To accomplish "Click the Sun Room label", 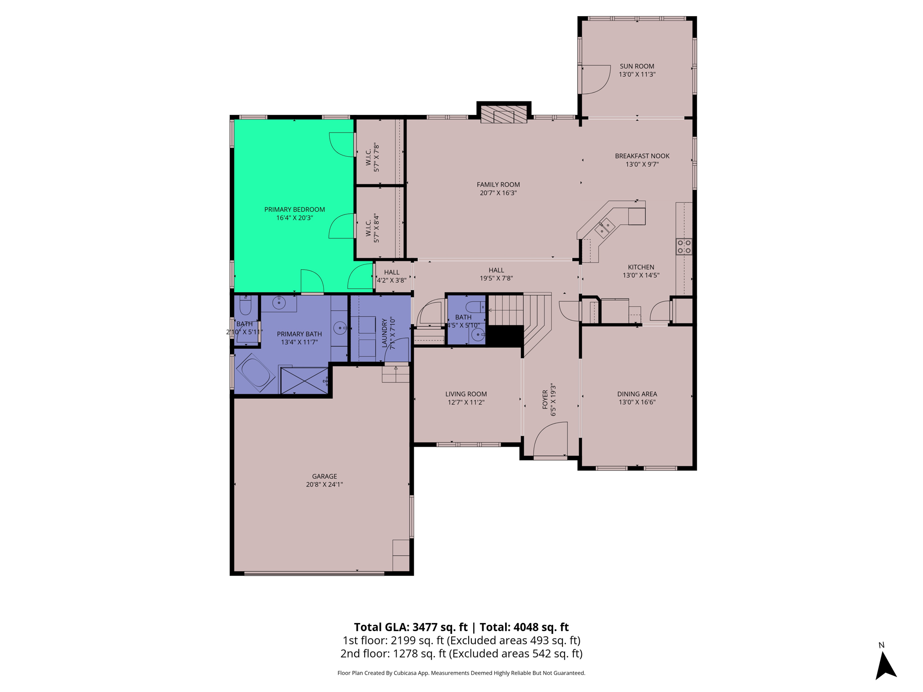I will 636,66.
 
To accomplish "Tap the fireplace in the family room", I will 503,114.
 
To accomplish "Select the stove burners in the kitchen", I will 684,246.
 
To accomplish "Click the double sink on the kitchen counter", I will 604,228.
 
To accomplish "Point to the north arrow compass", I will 885,665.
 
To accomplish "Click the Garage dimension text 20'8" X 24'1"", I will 324,485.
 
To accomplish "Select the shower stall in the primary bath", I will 305,381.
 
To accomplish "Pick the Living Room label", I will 466,394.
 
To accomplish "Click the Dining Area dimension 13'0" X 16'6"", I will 637,402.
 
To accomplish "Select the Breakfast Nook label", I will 642,156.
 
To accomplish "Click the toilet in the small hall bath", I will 475,308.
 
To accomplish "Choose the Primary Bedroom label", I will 294,209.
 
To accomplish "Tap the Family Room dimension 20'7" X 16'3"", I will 498,193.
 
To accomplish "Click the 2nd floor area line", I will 461,654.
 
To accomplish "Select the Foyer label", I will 545,400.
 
